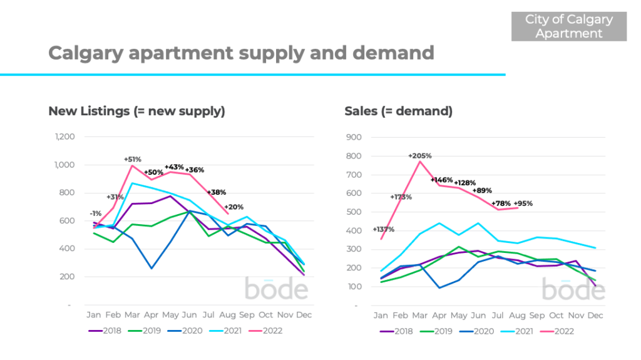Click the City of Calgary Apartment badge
(x=568, y=26)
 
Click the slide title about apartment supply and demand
(x=241, y=53)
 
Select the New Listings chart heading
(x=136, y=111)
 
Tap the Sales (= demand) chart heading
(x=398, y=111)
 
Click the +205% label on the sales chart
(x=419, y=155)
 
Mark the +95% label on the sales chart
(x=523, y=203)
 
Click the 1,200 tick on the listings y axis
(x=65, y=136)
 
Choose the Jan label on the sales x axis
(x=381, y=316)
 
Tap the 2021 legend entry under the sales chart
(x=518, y=331)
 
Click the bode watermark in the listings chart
(x=276, y=289)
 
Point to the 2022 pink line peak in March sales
(x=420, y=162)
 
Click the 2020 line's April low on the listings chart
(x=151, y=268)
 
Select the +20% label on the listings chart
(x=233, y=207)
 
